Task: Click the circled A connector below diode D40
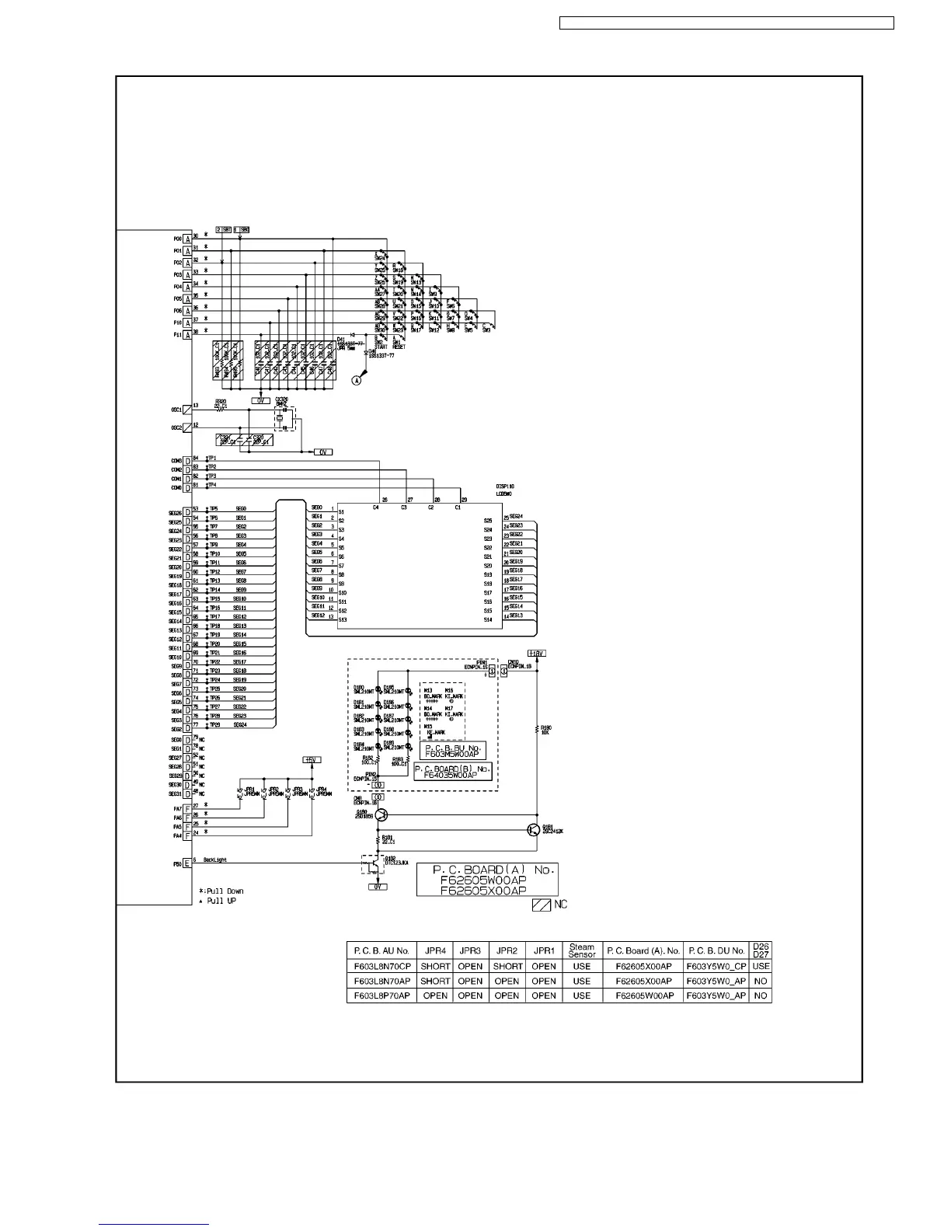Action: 357,380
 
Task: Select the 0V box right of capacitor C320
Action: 322,452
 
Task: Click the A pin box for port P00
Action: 187,239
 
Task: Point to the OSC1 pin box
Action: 187,409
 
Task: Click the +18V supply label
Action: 536,654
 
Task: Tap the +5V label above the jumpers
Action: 312,759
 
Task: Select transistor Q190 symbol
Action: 381,815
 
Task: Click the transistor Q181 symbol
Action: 533,830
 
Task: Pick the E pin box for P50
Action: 187,863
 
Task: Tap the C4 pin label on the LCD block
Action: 376,507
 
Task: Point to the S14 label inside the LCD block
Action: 488,619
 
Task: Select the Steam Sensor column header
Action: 581,950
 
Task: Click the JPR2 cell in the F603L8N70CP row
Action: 507,966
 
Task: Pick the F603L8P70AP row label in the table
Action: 381,996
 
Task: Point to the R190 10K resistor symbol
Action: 536,728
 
